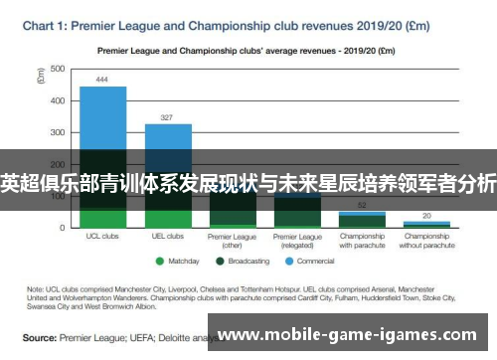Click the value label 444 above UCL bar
(x=103, y=80)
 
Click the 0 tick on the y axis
(x=63, y=228)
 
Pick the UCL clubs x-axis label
(x=103, y=237)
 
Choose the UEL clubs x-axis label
(x=168, y=237)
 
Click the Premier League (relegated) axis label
(x=297, y=241)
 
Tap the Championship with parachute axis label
(x=362, y=241)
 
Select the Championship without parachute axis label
(x=426, y=241)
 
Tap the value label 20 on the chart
(x=426, y=215)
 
